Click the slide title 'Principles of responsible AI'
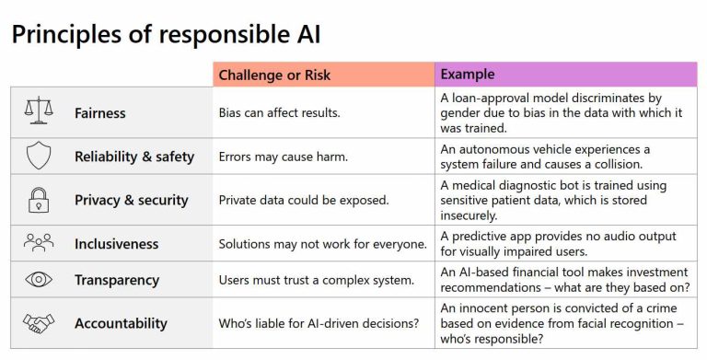click(166, 35)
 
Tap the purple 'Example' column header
click(468, 75)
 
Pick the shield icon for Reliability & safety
click(39, 156)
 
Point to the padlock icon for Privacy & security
click(39, 200)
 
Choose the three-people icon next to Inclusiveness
click(39, 243)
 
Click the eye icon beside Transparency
click(39, 280)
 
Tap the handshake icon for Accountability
click(39, 323)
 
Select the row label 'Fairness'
click(100, 113)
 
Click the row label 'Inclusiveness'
click(117, 244)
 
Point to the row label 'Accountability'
click(121, 323)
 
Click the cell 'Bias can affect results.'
click(280, 113)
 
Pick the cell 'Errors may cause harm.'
click(283, 157)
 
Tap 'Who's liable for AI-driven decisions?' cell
click(318, 323)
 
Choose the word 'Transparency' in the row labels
click(117, 280)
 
